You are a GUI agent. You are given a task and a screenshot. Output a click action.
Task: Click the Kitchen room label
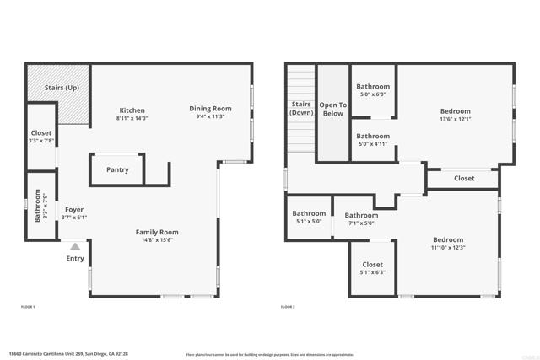[132, 110]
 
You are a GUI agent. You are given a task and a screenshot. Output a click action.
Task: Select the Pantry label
[117, 170]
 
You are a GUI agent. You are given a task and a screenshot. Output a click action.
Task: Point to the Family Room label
[158, 232]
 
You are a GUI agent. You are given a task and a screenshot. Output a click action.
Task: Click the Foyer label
[74, 210]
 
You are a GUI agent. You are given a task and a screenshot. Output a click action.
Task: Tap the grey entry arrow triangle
[75, 247]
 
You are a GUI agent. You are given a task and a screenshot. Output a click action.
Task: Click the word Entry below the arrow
[75, 259]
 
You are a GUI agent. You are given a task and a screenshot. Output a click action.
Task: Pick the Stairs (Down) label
[301, 109]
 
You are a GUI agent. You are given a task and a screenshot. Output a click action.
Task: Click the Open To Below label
[332, 109]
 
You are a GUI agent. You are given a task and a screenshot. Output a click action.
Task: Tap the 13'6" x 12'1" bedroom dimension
[455, 119]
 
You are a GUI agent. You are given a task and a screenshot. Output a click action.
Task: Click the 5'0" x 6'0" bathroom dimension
[372, 94]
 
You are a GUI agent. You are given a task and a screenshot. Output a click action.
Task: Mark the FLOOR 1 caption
[28, 307]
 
